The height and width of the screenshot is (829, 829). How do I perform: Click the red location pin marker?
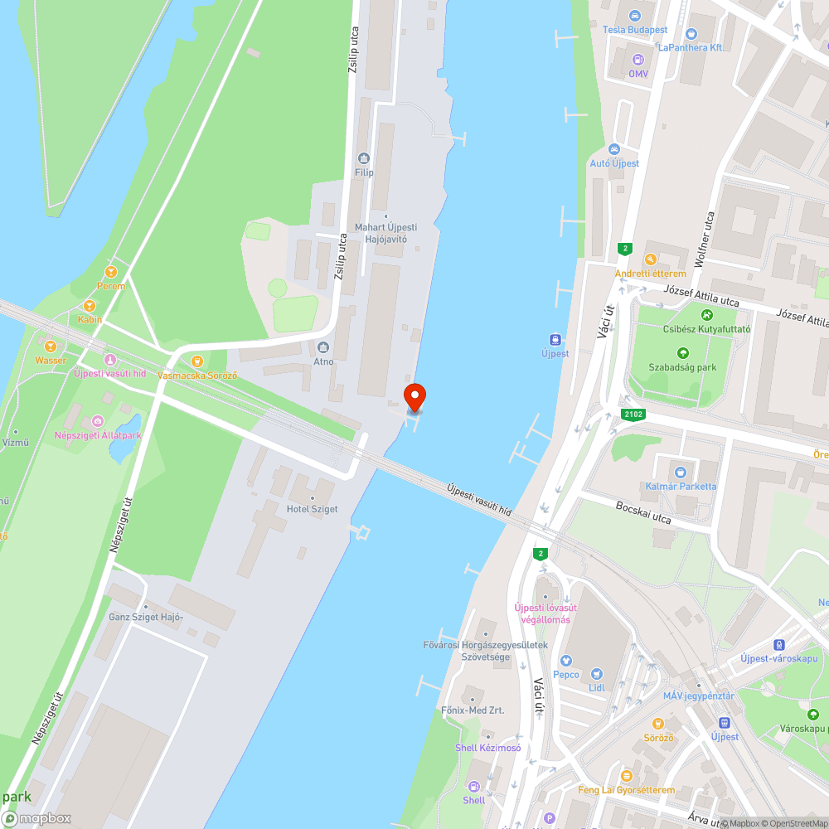tap(414, 397)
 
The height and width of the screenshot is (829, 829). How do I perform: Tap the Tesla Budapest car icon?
tap(635, 16)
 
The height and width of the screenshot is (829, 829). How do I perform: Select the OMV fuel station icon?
tap(638, 60)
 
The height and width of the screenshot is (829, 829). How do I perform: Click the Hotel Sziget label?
tap(312, 508)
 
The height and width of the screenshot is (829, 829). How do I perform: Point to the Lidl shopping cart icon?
tap(596, 674)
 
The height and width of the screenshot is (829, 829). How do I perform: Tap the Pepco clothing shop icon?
tap(566, 661)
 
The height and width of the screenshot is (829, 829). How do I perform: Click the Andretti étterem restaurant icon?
tap(650, 259)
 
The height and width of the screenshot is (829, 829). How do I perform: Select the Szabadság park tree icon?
tap(683, 353)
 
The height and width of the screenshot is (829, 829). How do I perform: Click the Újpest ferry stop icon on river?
tap(555, 339)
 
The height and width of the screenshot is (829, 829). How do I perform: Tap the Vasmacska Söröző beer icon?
tap(197, 361)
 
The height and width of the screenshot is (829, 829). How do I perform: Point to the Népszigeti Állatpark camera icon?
tap(98, 421)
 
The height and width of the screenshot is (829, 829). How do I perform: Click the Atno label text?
tap(323, 361)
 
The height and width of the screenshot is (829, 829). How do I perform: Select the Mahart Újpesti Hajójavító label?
tap(385, 233)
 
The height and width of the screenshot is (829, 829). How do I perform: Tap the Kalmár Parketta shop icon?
tap(681, 473)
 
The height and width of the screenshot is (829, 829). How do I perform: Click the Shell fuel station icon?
tap(474, 786)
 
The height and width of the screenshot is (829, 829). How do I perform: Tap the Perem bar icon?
tap(111, 272)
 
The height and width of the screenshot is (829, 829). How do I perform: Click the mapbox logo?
tap(37, 818)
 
